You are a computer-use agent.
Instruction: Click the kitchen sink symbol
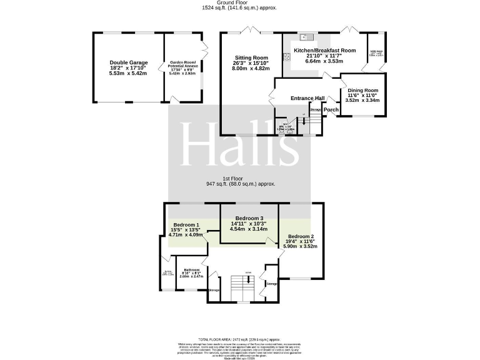click(x=306, y=36)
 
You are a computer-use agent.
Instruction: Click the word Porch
click(x=331, y=110)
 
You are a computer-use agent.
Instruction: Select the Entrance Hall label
click(x=307, y=98)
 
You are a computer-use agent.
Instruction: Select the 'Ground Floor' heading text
click(x=239, y=4)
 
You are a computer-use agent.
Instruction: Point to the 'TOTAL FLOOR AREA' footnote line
click(x=240, y=339)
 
